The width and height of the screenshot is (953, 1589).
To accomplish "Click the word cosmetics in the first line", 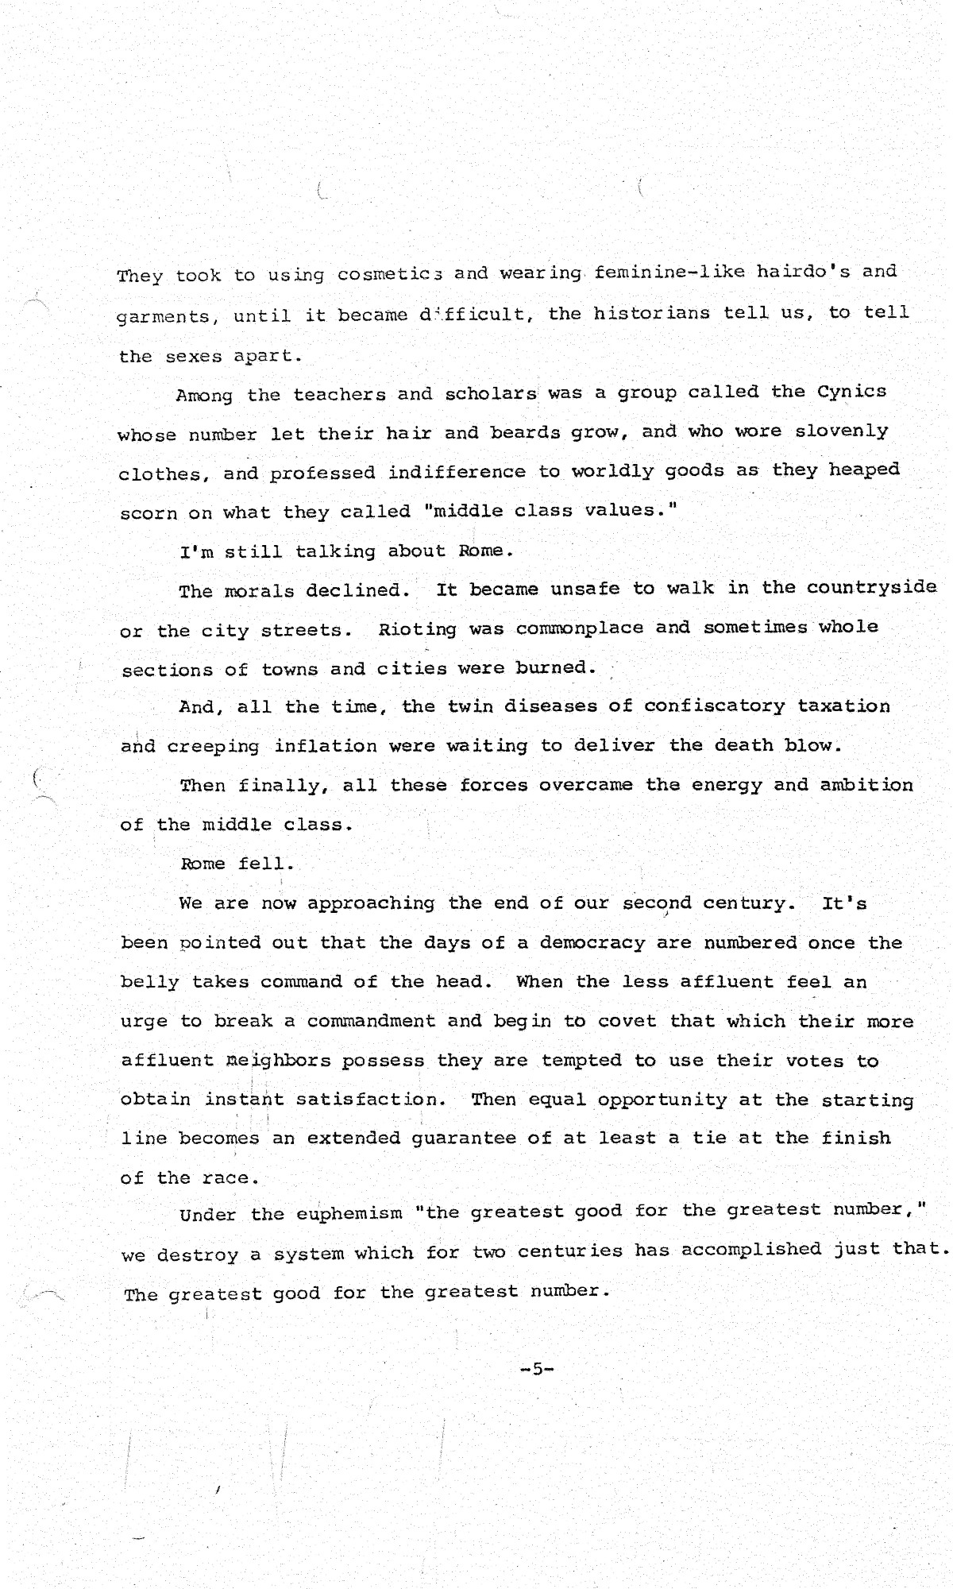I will point(390,274).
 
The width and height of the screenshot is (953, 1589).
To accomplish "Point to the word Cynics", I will point(851,392).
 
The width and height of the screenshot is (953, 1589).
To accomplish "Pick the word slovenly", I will point(842,431).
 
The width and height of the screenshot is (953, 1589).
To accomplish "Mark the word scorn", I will point(149,513).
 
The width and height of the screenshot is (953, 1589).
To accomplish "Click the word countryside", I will point(871,587).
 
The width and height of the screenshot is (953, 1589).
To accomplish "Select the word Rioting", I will point(417,629).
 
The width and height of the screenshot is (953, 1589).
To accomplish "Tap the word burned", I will point(555,667).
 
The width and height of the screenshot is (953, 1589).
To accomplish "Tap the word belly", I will point(149,982).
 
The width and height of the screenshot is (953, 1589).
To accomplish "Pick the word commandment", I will point(371,1021).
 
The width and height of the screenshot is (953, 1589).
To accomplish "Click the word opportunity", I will point(662,1100).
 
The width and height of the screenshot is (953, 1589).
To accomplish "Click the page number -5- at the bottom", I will point(536,1368).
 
